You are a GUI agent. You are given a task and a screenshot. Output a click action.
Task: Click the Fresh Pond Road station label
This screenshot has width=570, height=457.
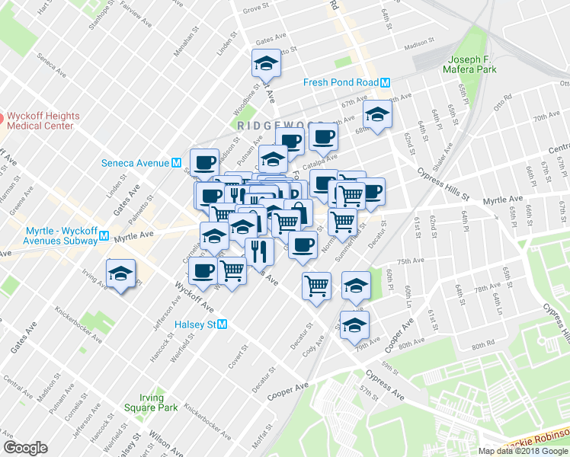click(341, 83)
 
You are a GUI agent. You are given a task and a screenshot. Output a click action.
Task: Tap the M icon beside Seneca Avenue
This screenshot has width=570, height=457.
click(176, 163)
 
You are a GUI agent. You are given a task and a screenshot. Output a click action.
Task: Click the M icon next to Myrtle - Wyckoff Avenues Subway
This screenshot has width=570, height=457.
click(104, 237)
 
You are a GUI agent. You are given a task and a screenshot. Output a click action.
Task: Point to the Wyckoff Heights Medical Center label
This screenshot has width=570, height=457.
click(41, 121)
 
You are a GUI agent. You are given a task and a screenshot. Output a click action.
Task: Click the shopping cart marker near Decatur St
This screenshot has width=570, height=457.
click(316, 286)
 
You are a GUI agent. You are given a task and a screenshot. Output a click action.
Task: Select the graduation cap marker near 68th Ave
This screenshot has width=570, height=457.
click(376, 114)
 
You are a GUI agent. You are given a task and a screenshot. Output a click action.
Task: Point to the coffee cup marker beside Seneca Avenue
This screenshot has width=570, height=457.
click(204, 161)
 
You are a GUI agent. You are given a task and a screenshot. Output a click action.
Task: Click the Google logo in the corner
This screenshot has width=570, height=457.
click(25, 448)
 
